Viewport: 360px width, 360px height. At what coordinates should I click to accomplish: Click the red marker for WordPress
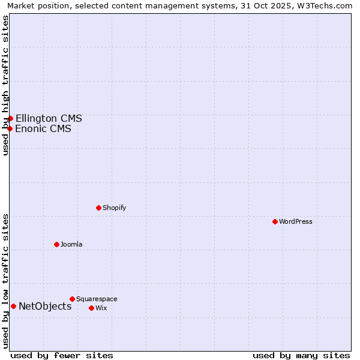(275, 221)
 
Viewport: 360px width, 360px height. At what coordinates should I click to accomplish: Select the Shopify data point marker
(99, 208)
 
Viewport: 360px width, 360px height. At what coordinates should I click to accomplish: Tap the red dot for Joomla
(57, 244)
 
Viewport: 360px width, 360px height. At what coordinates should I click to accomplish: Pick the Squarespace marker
(73, 299)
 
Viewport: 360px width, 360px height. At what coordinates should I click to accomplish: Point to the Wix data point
(92, 308)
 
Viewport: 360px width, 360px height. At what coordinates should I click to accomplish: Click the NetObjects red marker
(13, 306)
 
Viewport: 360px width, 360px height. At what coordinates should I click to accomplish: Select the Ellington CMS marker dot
(10, 118)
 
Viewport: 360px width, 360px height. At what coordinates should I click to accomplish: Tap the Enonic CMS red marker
(10, 128)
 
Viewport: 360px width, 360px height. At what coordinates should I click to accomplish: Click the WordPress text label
(296, 221)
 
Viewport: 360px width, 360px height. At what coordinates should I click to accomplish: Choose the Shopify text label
(114, 208)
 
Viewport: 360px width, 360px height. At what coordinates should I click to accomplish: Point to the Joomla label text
(71, 244)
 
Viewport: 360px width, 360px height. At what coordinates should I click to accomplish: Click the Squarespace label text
(97, 299)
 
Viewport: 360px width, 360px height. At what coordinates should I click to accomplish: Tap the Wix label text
(101, 308)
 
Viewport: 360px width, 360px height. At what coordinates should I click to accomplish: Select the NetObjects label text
(45, 306)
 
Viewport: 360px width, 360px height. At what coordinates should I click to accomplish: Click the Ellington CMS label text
(49, 118)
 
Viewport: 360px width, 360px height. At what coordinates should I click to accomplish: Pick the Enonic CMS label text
(43, 128)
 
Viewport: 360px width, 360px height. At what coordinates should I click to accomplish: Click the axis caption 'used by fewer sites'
(62, 355)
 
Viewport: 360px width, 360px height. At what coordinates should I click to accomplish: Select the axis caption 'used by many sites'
(301, 355)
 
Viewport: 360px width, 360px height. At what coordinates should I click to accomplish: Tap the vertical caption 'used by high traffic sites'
(5, 85)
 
